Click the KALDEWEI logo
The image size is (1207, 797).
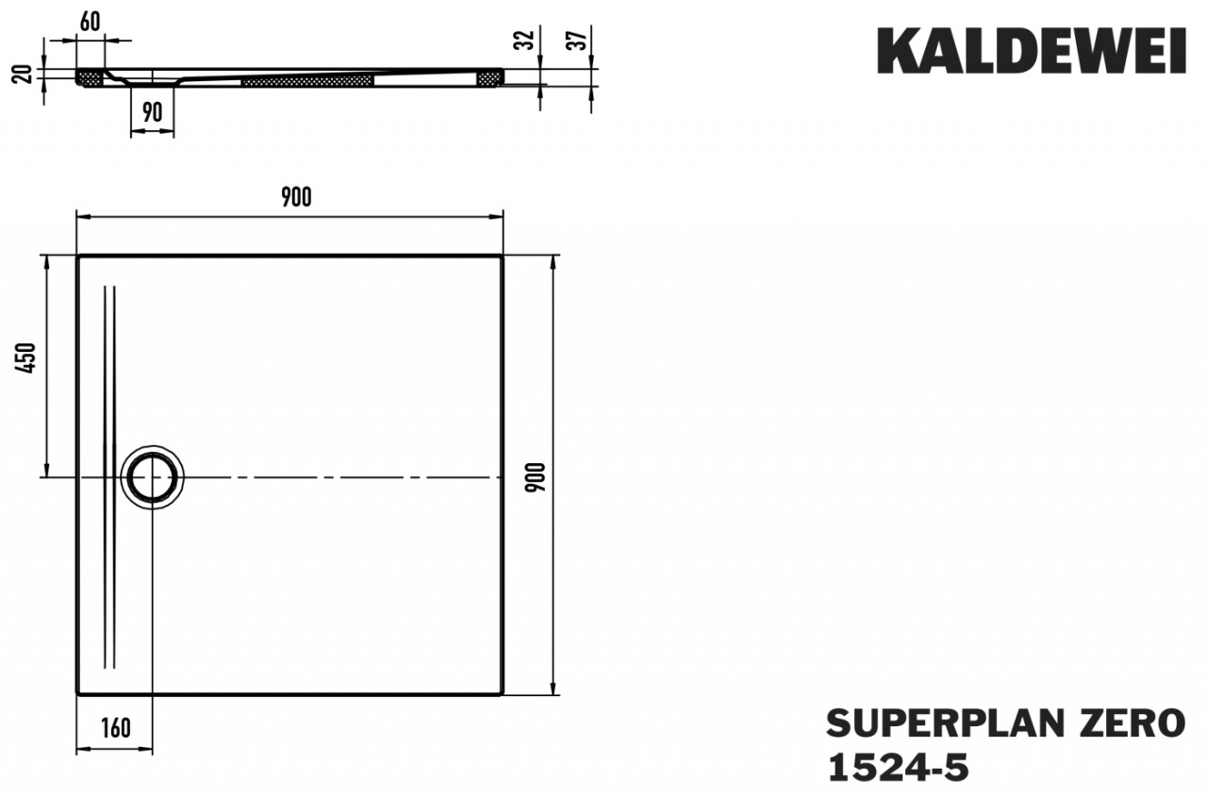click(1032, 51)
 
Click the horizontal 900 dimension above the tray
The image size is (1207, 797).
click(295, 197)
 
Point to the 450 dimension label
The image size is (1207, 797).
click(28, 357)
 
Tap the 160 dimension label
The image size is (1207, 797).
click(114, 727)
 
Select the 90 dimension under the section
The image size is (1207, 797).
click(152, 113)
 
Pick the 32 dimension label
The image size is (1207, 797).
click(527, 40)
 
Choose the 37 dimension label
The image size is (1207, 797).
click(581, 40)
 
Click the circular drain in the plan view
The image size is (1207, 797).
click(151, 477)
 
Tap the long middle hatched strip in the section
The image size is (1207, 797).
click(307, 81)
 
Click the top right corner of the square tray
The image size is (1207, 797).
click(502, 257)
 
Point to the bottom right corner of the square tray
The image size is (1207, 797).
click(502, 693)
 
